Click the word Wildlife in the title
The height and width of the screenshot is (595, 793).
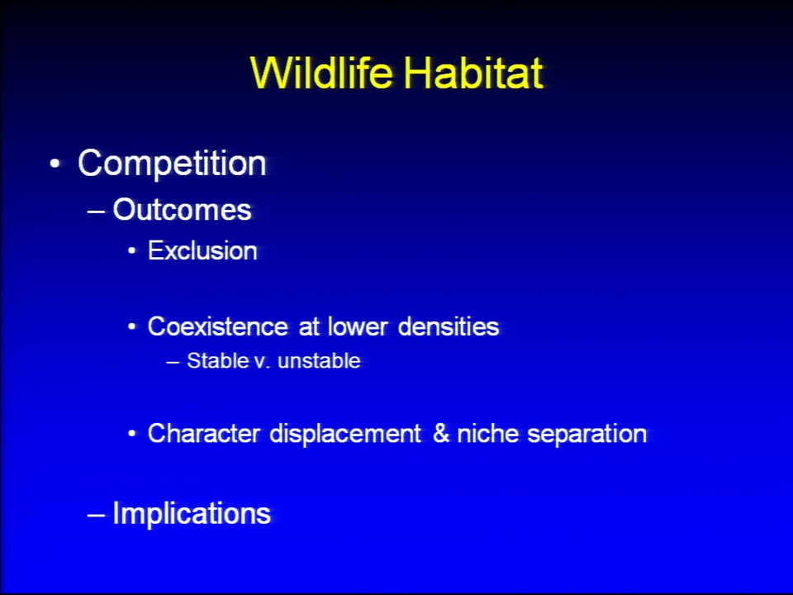click(321, 73)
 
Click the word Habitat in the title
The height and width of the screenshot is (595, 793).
click(473, 73)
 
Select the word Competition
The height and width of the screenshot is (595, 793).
click(172, 164)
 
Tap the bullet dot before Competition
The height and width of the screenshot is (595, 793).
click(55, 164)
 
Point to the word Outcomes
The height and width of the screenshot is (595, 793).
click(182, 209)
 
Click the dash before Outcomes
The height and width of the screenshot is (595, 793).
click(96, 211)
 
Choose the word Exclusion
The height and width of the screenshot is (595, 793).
click(202, 251)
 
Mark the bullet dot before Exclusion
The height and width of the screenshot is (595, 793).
click(132, 251)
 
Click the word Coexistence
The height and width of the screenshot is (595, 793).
click(217, 327)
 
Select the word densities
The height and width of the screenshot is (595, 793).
click(449, 327)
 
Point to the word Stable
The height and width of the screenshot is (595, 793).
click(218, 361)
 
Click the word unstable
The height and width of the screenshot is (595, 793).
click(319, 361)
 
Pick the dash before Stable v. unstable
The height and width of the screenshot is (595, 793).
click(173, 362)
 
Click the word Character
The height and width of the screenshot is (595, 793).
click(204, 434)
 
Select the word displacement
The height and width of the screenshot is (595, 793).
click(345, 435)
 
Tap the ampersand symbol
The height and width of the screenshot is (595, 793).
click(441, 434)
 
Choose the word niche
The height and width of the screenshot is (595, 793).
click(487, 434)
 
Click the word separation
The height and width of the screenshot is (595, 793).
click(587, 435)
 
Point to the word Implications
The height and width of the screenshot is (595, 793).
click(192, 514)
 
